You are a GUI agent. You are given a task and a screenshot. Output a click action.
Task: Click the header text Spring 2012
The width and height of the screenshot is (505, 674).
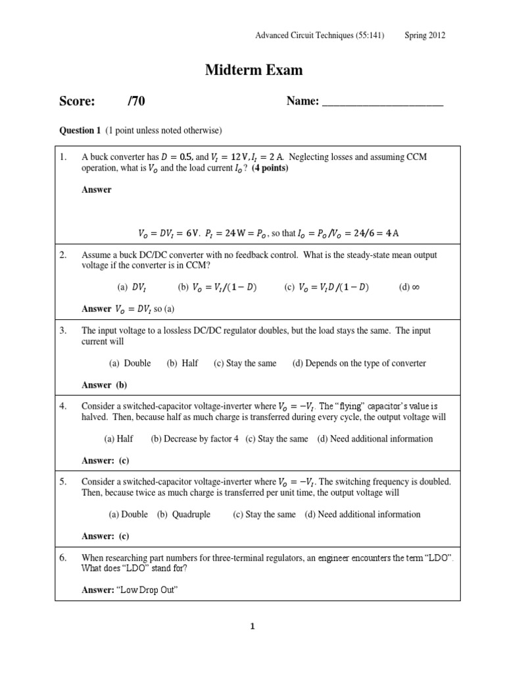(425, 36)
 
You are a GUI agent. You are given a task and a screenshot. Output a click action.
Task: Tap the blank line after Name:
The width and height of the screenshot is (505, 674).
(382, 102)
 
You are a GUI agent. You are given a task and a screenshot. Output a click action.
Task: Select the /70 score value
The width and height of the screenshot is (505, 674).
(137, 101)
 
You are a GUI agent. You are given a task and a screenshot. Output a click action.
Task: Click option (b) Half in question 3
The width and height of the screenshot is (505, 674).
(182, 363)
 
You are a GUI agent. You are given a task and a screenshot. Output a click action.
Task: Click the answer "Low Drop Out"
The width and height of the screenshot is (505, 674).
(148, 590)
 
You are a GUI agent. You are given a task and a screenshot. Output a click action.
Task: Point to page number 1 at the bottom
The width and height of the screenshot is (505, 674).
(252, 627)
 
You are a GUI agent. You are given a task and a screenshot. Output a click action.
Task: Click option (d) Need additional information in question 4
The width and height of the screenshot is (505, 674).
(374, 438)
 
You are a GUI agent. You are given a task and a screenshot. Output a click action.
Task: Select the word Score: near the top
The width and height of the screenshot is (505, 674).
(78, 101)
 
